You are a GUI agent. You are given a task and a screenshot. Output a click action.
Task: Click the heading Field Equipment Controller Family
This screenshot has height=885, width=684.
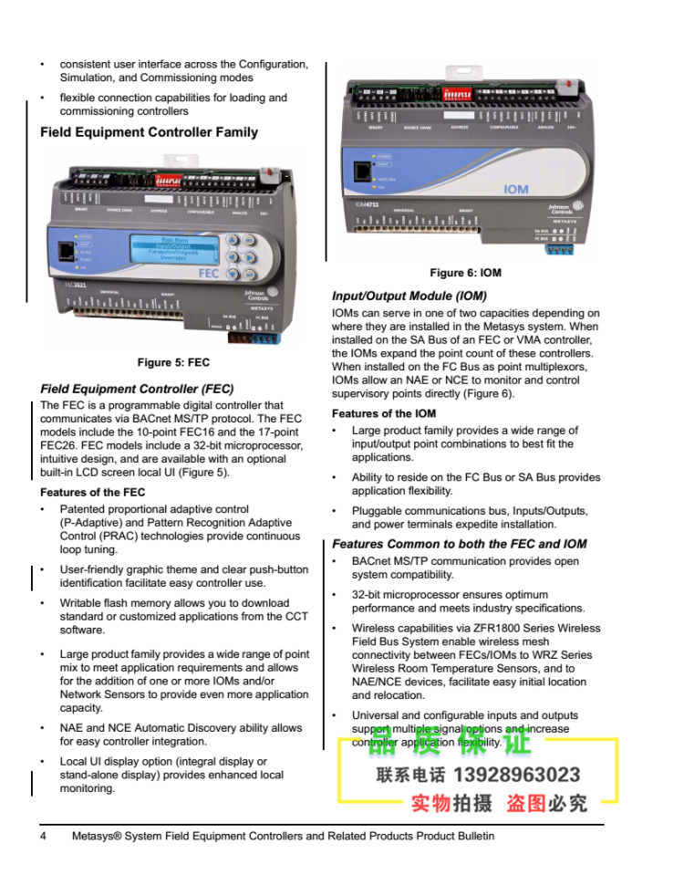[x=149, y=132]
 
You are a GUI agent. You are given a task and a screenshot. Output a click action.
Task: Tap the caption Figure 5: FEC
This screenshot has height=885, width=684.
[x=173, y=362]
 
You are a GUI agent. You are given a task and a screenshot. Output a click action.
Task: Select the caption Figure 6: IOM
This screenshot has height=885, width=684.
[x=465, y=273]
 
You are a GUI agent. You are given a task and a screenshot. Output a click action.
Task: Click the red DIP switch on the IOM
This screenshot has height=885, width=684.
[x=457, y=93]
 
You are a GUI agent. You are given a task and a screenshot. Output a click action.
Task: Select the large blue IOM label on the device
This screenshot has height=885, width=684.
[x=516, y=190]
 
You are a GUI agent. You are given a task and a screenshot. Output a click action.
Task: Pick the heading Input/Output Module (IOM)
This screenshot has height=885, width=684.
[x=409, y=296]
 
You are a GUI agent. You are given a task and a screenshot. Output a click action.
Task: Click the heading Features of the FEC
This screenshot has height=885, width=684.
[x=92, y=493]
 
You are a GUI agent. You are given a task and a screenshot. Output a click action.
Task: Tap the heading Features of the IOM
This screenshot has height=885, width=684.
[x=384, y=413]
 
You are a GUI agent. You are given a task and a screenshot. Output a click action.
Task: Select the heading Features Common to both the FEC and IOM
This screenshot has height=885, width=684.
[x=459, y=544]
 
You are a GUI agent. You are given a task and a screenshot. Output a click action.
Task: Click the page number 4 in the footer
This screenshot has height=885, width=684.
[x=43, y=836]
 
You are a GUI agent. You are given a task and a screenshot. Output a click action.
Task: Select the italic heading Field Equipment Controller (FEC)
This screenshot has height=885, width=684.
[x=137, y=389]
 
